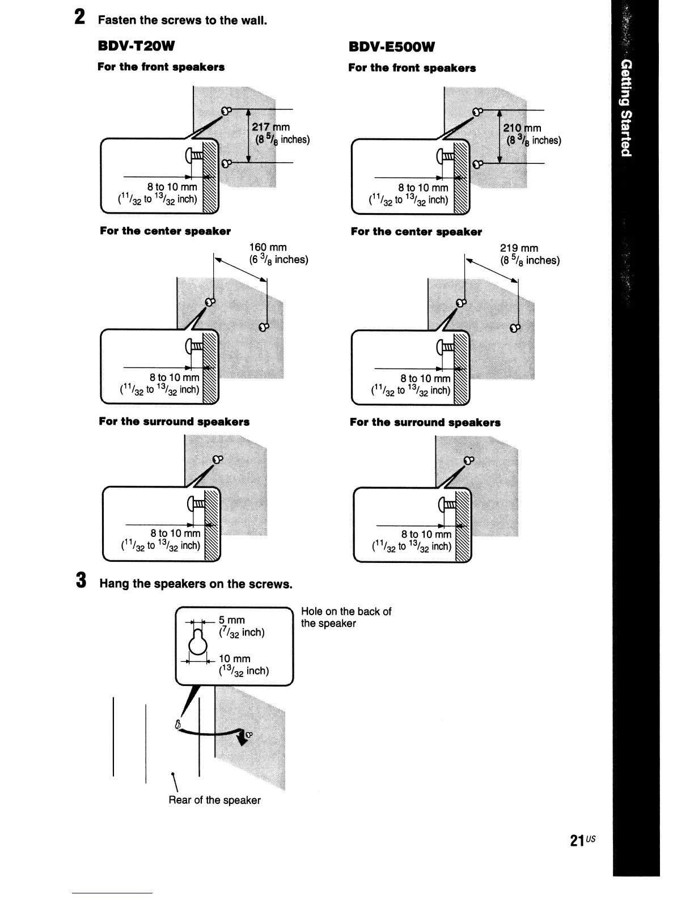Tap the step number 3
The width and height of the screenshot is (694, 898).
81,581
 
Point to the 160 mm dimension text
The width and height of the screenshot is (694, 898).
268,247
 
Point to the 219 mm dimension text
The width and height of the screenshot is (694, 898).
519,248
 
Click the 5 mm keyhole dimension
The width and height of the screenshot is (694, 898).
232,620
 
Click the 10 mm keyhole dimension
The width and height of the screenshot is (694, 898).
234,659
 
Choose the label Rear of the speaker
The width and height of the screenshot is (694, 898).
214,800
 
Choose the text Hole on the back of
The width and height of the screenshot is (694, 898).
346,612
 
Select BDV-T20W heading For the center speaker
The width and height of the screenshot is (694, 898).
165,231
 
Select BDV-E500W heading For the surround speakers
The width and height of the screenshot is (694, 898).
425,422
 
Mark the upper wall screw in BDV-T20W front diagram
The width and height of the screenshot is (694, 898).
226,111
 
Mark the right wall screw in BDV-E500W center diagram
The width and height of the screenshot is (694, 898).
514,328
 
